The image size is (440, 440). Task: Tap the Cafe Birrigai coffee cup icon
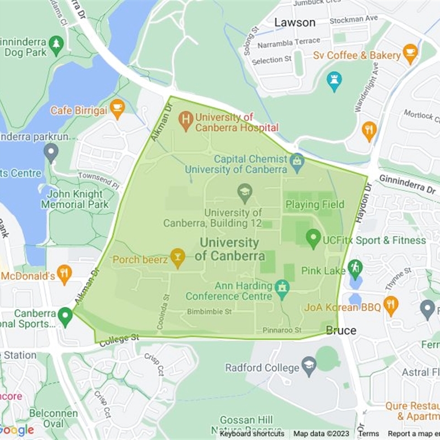117,108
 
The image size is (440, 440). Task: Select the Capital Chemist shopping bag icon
298,162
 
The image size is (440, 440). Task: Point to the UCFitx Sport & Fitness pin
313,238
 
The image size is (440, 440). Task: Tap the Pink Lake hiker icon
355,268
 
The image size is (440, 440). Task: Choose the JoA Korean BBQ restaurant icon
391,305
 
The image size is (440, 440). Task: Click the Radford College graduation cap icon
310,366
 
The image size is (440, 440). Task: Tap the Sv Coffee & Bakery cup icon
410,53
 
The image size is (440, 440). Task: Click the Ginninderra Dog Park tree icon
56,44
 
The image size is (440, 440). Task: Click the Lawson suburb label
295,23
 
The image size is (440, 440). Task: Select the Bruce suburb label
340,331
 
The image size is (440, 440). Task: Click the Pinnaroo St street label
282,330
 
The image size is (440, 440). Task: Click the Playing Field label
315,205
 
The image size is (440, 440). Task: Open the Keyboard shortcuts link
252,434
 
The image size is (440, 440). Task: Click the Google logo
16,430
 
